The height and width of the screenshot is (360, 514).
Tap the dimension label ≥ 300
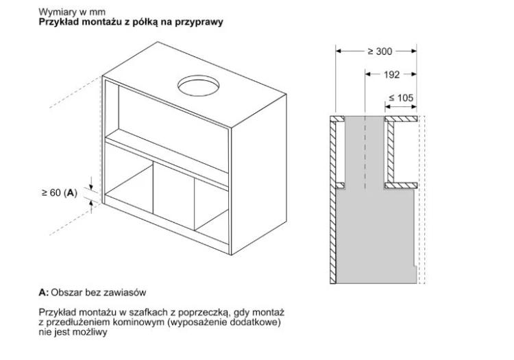[380, 51]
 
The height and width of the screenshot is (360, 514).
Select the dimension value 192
[392, 75]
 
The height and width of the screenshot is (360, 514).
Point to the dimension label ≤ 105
[401, 97]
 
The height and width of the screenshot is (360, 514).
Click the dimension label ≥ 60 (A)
[60, 193]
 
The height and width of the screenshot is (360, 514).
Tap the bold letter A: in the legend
[44, 292]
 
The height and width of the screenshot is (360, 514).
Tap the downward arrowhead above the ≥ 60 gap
[91, 187]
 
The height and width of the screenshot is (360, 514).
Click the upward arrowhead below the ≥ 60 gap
[91, 204]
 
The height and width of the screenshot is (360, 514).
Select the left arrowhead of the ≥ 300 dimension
[339, 51]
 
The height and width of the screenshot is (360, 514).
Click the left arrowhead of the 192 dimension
[369, 74]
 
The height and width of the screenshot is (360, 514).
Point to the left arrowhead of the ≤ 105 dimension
[389, 106]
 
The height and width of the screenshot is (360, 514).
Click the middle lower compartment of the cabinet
[173, 194]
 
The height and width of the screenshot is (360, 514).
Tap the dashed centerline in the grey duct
[365, 153]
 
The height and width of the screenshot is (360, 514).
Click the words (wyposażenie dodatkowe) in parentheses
[223, 322]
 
